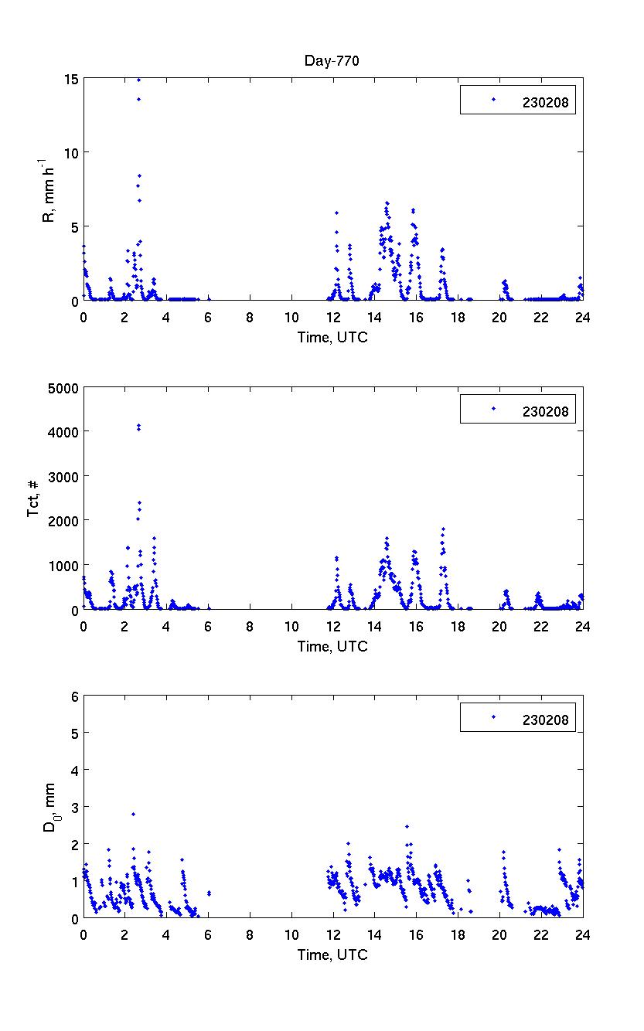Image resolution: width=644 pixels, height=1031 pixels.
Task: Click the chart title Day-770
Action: pyautogui.click(x=333, y=61)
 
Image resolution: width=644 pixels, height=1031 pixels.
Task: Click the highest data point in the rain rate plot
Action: pyautogui.click(x=138, y=80)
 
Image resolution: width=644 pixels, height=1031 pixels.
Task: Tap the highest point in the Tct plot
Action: pyautogui.click(x=138, y=425)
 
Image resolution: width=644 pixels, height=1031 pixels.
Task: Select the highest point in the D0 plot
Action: pyautogui.click(x=133, y=814)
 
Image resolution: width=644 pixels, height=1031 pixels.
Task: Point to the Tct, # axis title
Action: pyautogui.click(x=32, y=498)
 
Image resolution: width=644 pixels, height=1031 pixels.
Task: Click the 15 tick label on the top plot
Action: pyautogui.click(x=70, y=79)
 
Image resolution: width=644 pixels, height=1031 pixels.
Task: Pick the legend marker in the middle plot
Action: pyautogui.click(x=493, y=408)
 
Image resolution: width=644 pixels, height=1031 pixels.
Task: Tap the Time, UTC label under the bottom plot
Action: pyautogui.click(x=333, y=955)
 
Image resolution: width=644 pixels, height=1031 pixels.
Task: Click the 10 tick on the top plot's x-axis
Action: pyautogui.click(x=291, y=317)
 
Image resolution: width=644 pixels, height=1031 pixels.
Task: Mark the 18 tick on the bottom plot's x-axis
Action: pyautogui.click(x=458, y=934)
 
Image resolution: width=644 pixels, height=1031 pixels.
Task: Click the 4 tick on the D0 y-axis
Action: pyautogui.click(x=74, y=770)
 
